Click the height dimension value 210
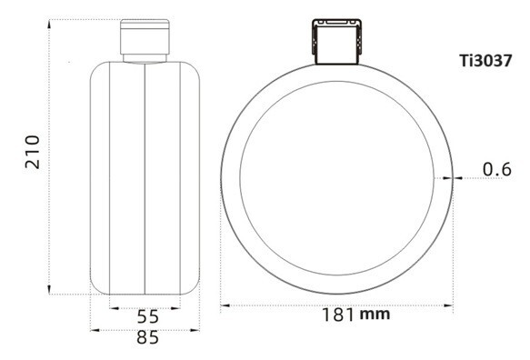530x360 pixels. [x=30, y=155]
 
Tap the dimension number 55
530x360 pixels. [x=147, y=317]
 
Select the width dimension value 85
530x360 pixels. [x=147, y=338]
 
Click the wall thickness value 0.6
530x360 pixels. [x=496, y=168]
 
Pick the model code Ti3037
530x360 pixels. [x=489, y=61]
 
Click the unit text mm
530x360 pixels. [x=375, y=315]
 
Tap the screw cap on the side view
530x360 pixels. [x=145, y=36]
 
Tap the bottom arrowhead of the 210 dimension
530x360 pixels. [x=47, y=290]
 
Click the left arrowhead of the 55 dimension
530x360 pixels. [x=113, y=307]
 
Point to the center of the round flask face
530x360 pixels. [x=336, y=177]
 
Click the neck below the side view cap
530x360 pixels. [x=145, y=56]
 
